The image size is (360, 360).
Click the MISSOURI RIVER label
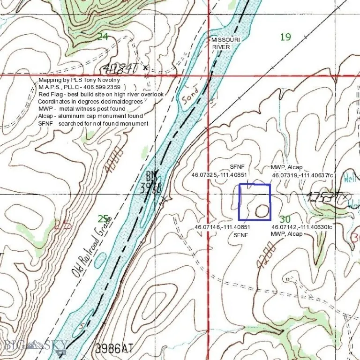pos(225,44)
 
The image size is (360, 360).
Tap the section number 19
pos(285,37)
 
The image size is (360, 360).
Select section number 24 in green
pos(103,36)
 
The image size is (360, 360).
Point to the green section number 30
pos(285,219)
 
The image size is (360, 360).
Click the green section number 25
pos(103,218)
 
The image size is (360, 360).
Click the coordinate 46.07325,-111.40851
pos(219,175)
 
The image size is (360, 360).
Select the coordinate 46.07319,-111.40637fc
pos(302,175)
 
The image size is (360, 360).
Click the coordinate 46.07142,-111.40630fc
pos(302,227)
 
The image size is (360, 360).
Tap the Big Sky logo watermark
pos(35,346)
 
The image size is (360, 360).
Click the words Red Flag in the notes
pos(49,94)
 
